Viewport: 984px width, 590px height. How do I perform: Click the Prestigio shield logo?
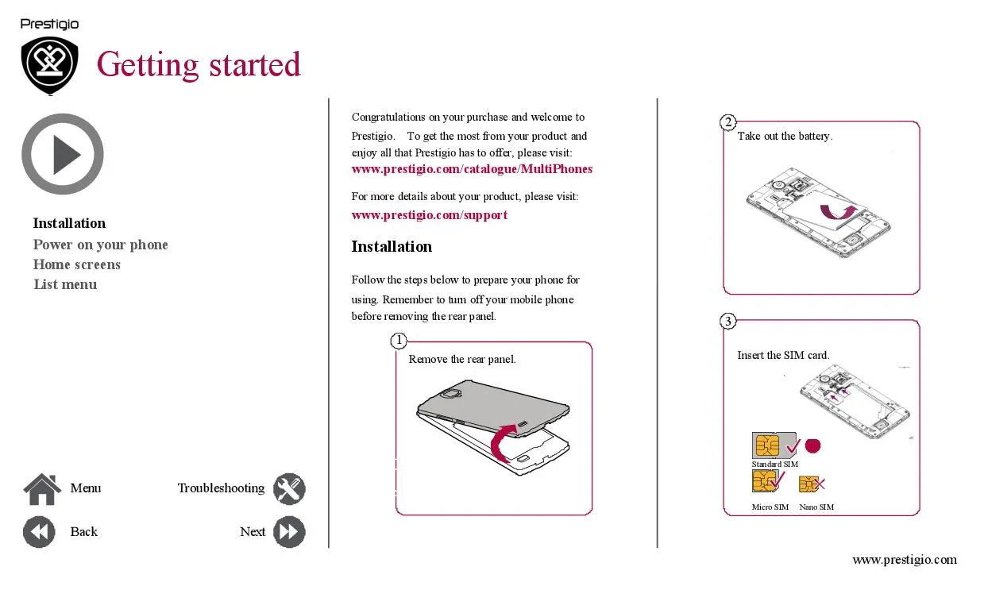[50, 65]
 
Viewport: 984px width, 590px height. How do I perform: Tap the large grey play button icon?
[63, 154]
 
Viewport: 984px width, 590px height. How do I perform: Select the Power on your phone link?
[101, 245]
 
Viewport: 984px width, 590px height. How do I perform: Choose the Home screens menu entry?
[77, 264]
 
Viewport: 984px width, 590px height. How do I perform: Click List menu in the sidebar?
[65, 284]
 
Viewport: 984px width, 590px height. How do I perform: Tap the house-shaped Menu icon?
[42, 489]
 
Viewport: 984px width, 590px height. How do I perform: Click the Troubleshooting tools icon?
[289, 488]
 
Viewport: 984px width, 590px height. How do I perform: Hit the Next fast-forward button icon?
[289, 532]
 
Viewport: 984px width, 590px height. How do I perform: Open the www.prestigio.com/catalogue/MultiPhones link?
[472, 169]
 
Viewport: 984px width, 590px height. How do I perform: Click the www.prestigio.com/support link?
[429, 215]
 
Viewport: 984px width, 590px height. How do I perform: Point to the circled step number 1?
[399, 340]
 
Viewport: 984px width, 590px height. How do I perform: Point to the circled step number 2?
[728, 122]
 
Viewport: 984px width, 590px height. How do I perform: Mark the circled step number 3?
[728, 321]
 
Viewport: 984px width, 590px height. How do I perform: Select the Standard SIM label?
[774, 464]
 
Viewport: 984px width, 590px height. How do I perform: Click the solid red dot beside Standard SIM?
[812, 446]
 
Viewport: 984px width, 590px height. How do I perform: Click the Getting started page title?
[199, 64]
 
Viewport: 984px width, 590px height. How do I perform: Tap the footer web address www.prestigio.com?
[905, 560]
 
